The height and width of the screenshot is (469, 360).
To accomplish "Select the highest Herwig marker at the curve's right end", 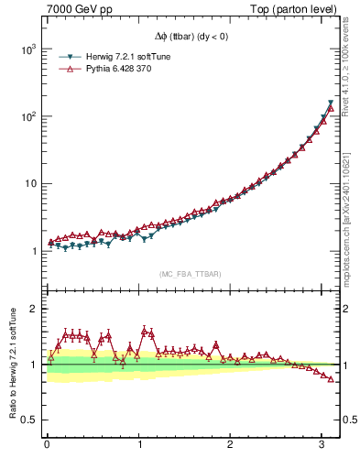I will [x=330, y=103].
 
